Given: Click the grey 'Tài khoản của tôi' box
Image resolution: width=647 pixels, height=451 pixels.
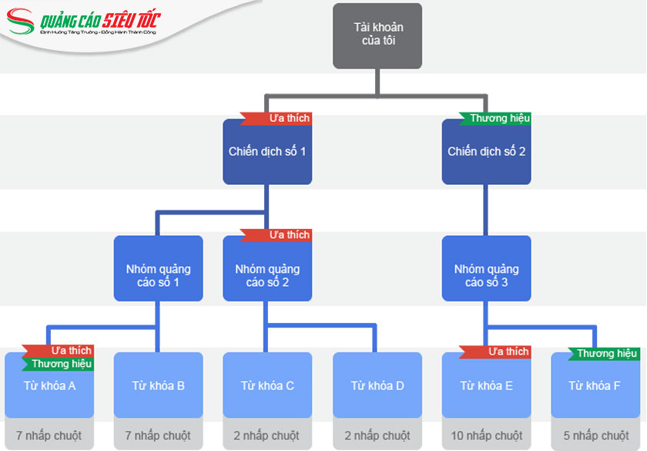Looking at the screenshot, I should [x=377, y=35].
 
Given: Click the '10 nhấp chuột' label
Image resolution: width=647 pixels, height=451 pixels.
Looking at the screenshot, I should [x=486, y=436].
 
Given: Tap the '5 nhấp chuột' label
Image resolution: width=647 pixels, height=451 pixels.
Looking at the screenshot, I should [x=595, y=436].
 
